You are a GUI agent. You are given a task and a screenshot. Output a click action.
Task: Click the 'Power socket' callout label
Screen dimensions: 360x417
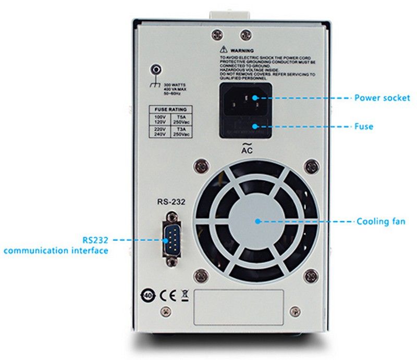[382, 97]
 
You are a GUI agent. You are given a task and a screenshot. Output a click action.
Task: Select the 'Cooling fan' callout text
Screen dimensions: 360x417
[381, 221]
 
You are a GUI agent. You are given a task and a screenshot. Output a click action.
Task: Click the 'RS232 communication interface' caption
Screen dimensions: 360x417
[56, 245]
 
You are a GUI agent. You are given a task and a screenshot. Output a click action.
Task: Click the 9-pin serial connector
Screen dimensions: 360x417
[170, 239]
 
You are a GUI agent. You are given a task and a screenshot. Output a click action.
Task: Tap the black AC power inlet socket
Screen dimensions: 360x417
[245, 99]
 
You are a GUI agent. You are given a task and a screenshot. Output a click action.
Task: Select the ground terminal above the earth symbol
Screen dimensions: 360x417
[155, 69]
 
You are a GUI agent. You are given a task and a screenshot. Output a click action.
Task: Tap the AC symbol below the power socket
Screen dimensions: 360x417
[247, 148]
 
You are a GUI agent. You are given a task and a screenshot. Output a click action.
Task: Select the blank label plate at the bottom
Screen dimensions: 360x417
[239, 307]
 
